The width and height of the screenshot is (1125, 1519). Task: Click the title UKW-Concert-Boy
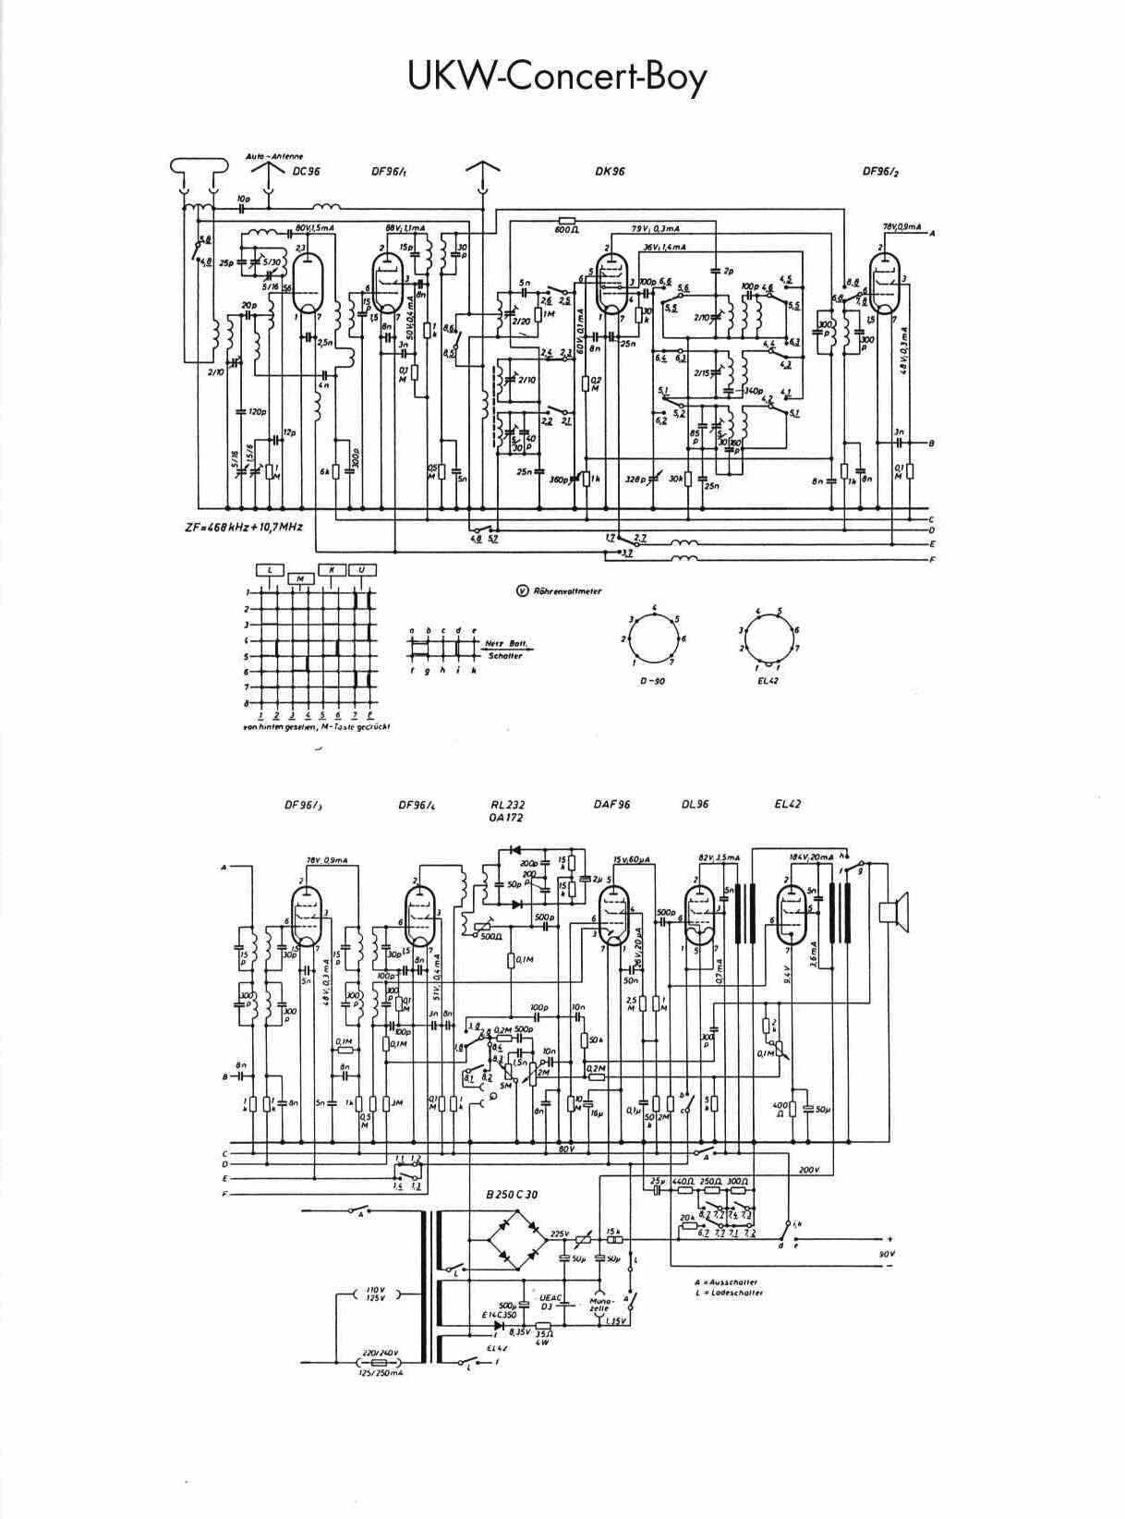(x=558, y=77)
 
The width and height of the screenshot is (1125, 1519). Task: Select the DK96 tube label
(x=611, y=171)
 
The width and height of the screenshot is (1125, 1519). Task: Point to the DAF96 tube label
(x=611, y=804)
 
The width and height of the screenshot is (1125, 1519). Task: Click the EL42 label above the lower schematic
(x=788, y=804)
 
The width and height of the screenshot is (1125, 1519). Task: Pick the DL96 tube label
(x=695, y=804)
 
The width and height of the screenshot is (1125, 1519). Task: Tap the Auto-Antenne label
(x=274, y=156)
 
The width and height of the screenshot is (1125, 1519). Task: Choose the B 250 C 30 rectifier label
(x=512, y=1195)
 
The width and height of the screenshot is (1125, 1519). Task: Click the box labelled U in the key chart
(x=361, y=570)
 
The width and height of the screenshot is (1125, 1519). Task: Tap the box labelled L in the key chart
(x=270, y=570)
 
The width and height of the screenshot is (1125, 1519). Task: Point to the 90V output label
(x=887, y=1254)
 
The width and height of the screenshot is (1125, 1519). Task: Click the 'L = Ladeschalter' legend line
(x=730, y=1293)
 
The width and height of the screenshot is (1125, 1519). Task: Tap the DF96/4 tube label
(x=417, y=805)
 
